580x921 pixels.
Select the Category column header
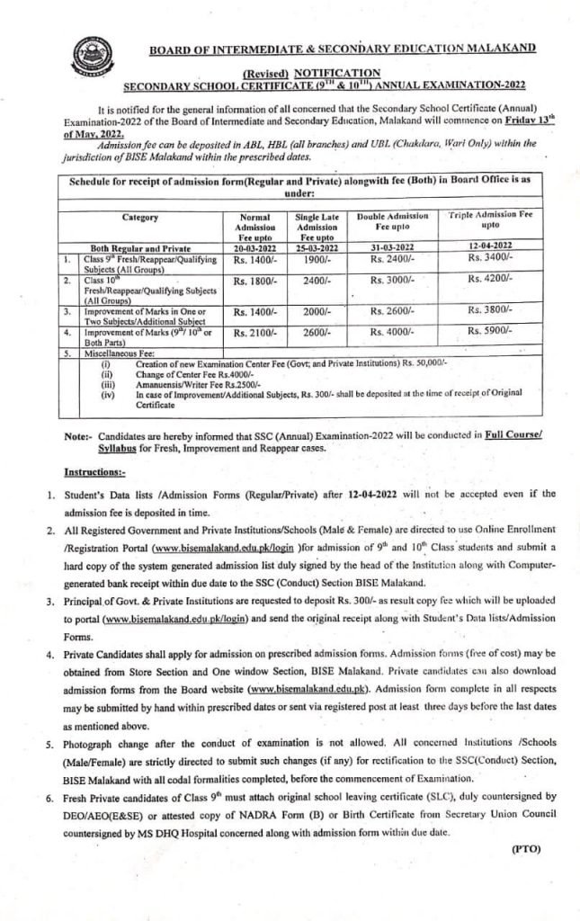point(140,217)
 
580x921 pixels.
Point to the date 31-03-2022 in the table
point(390,246)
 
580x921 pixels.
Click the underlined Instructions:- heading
point(95,471)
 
